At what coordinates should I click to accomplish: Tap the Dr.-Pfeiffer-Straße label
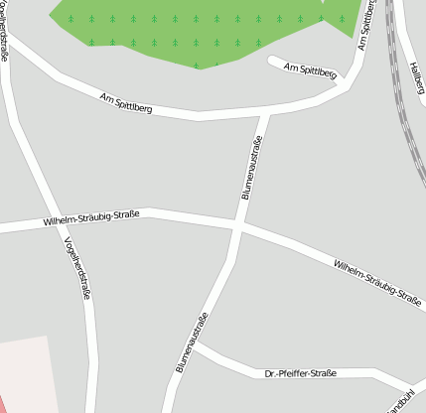(x=301, y=373)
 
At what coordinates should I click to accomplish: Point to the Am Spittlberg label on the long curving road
(x=126, y=102)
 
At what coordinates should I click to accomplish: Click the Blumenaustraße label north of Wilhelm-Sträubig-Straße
(x=252, y=170)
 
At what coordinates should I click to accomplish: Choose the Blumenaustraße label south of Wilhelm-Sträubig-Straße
(x=193, y=343)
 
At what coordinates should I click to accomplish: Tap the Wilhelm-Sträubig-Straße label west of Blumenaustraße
(x=91, y=217)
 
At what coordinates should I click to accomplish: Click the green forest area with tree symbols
(x=199, y=30)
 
